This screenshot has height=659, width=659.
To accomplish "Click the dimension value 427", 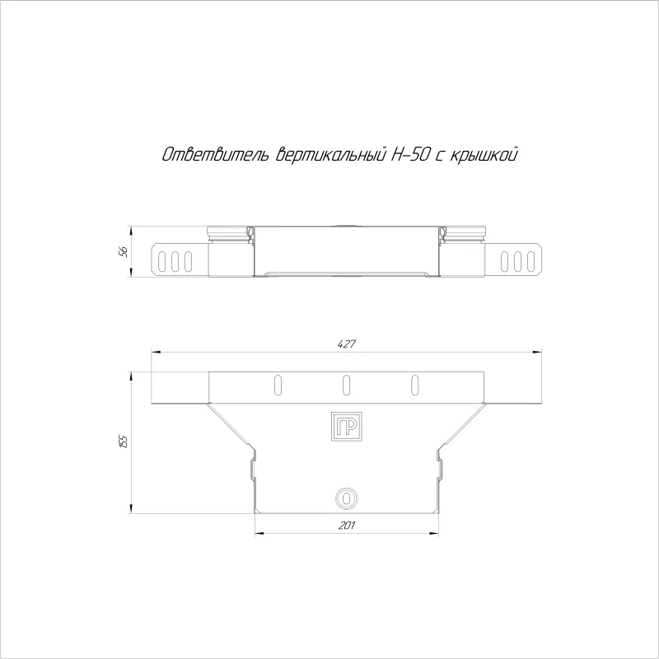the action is (x=347, y=344).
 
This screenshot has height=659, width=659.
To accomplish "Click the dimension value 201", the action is (x=347, y=525).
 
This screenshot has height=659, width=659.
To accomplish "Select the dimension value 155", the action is (x=124, y=442).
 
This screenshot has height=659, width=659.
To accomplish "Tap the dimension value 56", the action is (x=124, y=252).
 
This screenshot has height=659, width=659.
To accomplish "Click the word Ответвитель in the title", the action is (x=216, y=155).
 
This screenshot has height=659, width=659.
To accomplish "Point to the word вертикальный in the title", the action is (x=331, y=155).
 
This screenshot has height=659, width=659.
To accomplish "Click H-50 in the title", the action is (x=410, y=155).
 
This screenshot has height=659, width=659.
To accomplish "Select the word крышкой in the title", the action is (x=484, y=155).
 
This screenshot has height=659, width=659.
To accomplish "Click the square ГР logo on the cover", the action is (x=346, y=427).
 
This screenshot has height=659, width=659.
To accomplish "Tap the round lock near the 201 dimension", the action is (x=346, y=499).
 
